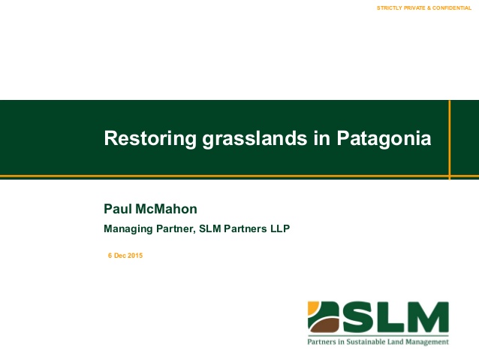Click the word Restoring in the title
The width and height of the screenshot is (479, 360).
click(x=150, y=138)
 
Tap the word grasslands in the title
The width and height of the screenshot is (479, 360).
click(x=255, y=138)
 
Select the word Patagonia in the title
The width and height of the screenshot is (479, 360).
click(x=384, y=138)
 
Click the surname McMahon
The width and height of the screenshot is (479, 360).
click(x=166, y=209)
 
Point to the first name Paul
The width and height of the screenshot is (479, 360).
click(x=118, y=209)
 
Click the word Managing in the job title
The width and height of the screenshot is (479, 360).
click(x=128, y=228)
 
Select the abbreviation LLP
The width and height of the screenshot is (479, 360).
click(x=280, y=228)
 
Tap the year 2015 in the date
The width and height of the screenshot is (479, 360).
click(x=135, y=256)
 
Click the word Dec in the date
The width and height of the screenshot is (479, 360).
click(x=120, y=256)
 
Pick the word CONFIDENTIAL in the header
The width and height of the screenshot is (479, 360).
click(x=452, y=8)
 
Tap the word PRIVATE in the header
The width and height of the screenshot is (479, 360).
click(x=414, y=8)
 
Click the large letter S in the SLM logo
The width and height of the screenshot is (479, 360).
click(x=356, y=317)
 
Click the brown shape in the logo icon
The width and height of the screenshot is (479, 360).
click(x=324, y=325)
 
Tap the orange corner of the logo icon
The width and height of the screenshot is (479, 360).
click(x=312, y=307)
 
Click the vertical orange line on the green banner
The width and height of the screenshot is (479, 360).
click(x=450, y=140)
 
